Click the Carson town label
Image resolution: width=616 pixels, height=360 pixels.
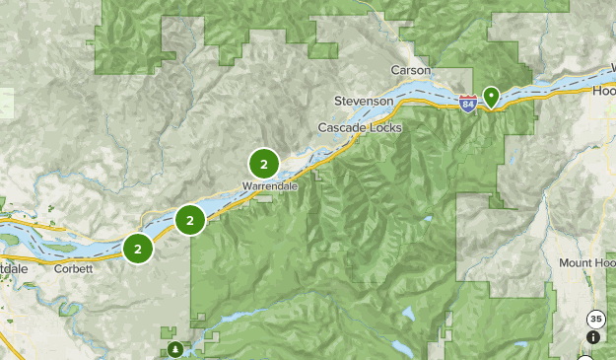(x=410, y=71)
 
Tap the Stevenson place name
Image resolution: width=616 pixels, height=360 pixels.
(x=365, y=102)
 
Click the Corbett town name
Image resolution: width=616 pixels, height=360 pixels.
(x=74, y=268)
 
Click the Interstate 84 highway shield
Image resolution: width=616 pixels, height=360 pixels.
(x=467, y=102)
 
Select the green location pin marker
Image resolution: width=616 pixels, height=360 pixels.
(x=489, y=97)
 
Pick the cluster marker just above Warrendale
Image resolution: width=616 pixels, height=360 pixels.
(x=263, y=163)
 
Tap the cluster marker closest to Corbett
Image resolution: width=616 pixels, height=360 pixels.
(x=138, y=249)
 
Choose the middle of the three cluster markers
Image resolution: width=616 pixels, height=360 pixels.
(x=190, y=220)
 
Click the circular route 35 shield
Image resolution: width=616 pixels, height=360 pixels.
(x=594, y=320)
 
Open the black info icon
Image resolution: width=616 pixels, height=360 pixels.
(x=592, y=337)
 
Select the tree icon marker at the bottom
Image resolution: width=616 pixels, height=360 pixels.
(x=174, y=349)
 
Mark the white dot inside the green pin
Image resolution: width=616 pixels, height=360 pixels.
(x=489, y=95)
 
